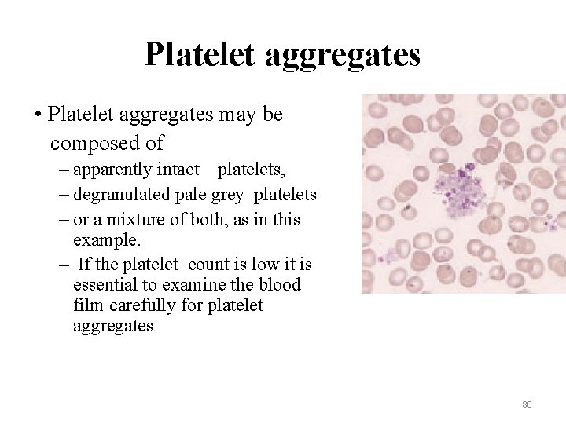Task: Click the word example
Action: tap(103, 238)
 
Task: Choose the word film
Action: tap(86, 305)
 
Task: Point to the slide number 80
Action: tap(527, 404)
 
